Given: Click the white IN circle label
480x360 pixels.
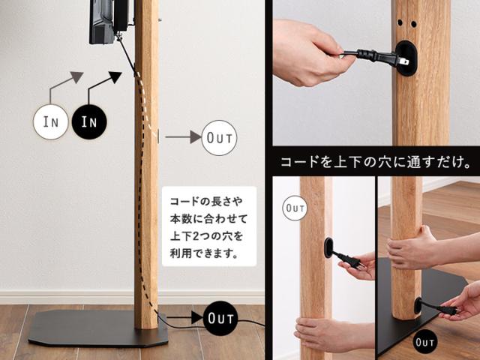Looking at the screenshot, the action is click(x=50, y=121).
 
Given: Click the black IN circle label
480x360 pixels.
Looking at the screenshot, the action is click(x=89, y=121).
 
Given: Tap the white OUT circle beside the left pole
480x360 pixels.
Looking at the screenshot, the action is click(x=219, y=138).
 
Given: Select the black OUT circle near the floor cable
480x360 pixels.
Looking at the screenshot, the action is click(x=220, y=318).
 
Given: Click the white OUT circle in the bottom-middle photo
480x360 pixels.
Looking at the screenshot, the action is click(x=295, y=208).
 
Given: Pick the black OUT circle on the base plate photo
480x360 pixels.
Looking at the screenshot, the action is click(x=425, y=342).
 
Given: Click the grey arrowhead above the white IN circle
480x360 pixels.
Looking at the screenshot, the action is click(x=76, y=76).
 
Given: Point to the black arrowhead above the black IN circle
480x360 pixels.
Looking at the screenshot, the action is click(x=115, y=77).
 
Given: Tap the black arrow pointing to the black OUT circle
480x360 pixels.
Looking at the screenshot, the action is click(x=181, y=317).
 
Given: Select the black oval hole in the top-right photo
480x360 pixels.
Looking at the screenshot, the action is click(x=406, y=58).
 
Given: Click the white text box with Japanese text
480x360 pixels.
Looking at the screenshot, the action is click(x=209, y=226).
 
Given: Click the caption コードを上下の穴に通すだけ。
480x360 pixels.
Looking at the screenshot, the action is click(x=376, y=162).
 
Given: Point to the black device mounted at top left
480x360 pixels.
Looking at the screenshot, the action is click(x=109, y=21).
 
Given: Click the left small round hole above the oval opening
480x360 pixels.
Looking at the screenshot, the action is click(x=400, y=22).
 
